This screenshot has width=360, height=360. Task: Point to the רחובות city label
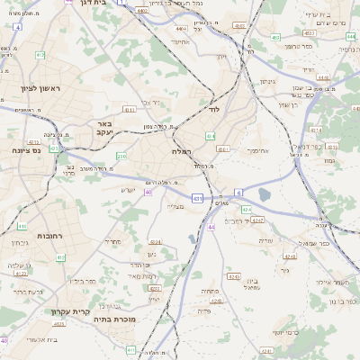49,235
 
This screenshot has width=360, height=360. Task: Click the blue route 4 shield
18,27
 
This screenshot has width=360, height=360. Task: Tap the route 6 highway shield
239,192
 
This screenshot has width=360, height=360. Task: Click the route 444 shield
181,28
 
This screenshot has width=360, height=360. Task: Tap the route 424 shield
246,209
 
